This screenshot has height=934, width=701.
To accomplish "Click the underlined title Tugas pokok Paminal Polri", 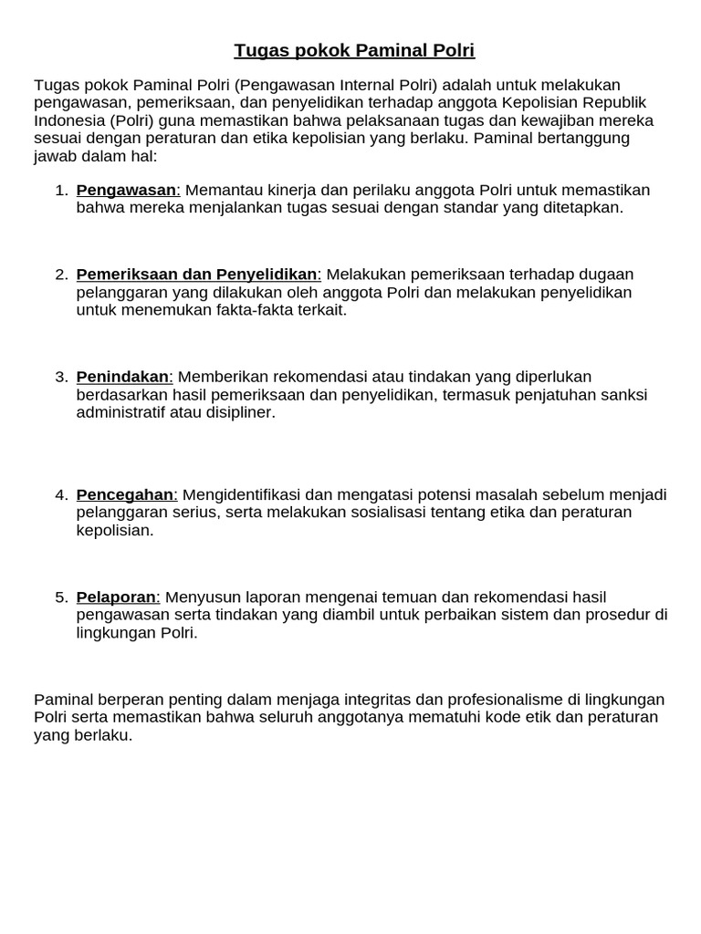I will tap(354, 49).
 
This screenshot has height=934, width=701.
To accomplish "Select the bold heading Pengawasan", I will tap(127, 190).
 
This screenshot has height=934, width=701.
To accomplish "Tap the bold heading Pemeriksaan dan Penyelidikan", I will tap(196, 275).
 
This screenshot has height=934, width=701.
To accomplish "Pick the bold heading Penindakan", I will tap(123, 377).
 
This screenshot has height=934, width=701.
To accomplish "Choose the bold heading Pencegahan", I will tap(125, 495).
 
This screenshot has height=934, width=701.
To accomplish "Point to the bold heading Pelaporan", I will tap(117, 597).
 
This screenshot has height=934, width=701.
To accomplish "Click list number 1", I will tap(61, 190).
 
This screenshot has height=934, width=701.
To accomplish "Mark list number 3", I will tap(61, 377).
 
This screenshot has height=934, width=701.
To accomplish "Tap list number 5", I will tap(61, 597).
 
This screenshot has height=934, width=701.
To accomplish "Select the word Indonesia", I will tap(69, 120).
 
